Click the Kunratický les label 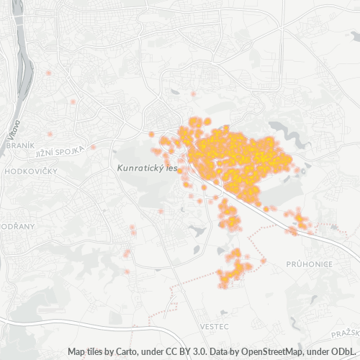tap(147, 167)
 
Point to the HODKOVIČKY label tap(30, 173)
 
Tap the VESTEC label tap(215, 326)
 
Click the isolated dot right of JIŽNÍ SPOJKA tap(93, 147)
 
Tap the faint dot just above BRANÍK tap(50, 134)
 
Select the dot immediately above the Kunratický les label tap(152, 134)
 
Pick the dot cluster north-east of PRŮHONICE tap(298, 220)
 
